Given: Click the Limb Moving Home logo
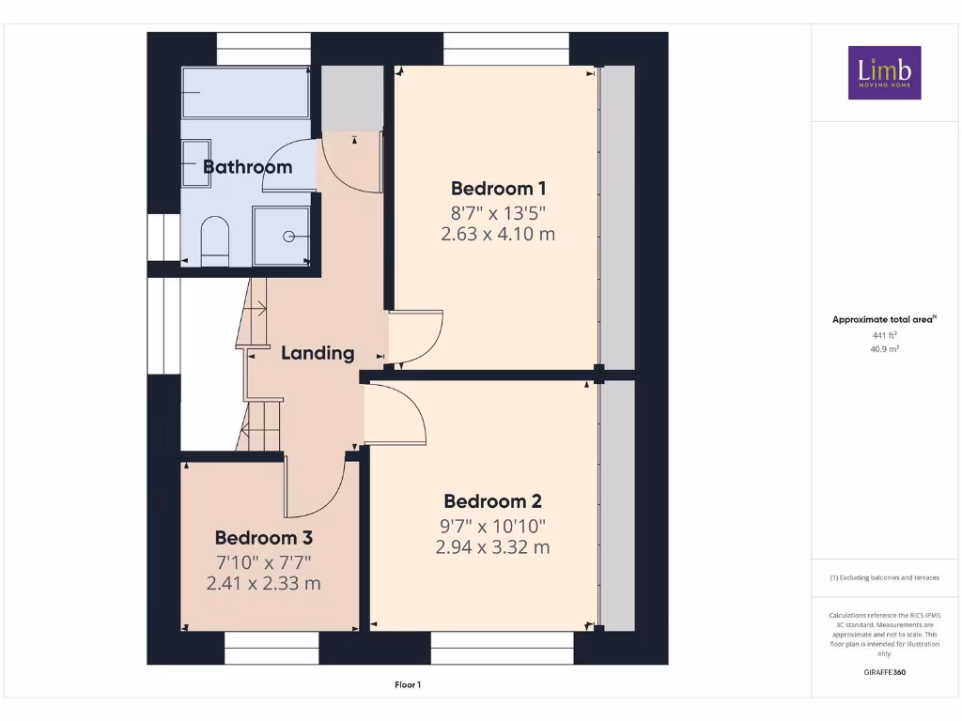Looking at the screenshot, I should [x=884, y=72].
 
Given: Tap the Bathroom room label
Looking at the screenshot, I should [x=248, y=167].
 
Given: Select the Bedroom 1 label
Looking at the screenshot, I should [x=497, y=188].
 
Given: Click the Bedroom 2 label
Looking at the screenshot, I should [x=492, y=501].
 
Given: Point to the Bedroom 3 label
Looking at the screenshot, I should [x=263, y=538].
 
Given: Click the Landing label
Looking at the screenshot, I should [x=318, y=353].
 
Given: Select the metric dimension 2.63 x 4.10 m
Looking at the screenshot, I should [x=497, y=234].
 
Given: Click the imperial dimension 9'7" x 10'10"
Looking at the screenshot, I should [x=492, y=526].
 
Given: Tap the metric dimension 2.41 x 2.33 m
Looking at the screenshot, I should [x=263, y=584].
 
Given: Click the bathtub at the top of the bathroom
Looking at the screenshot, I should [x=245, y=92].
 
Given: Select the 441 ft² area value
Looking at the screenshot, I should [x=884, y=334].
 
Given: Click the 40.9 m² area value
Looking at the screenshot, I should [x=884, y=348].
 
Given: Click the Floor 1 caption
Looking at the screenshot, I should [x=407, y=685].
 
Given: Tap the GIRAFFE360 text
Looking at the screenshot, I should [x=884, y=672].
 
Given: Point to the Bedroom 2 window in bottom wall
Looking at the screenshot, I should [x=502, y=648].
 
